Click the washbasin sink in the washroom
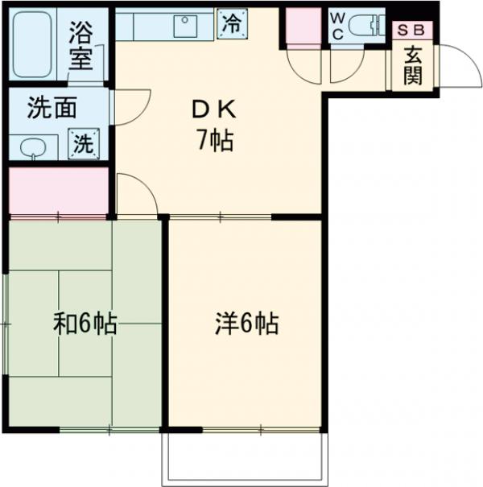33,147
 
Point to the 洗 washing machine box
84,143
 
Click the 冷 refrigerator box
232,23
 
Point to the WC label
338,24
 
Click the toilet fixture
367,24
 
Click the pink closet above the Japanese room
58,191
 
